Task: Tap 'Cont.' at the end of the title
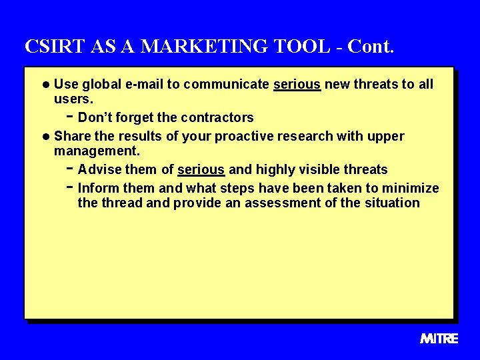371,47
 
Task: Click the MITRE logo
439,339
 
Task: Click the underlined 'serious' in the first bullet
297,84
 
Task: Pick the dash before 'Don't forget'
70,117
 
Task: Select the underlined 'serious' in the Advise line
201,169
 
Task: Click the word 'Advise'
99,169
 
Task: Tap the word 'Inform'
99,188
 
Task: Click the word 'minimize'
411,188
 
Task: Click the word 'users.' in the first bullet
73,99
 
